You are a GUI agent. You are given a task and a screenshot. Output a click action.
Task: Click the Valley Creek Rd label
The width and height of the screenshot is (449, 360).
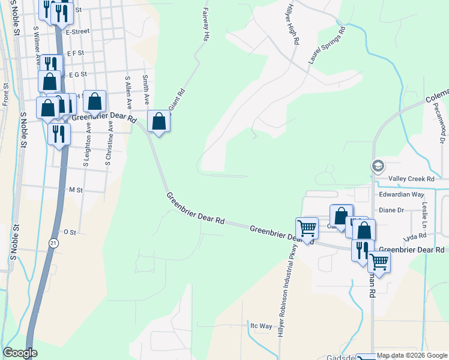pos(411,179)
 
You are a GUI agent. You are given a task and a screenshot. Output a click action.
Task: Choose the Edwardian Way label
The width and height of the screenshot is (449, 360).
pos(401,194)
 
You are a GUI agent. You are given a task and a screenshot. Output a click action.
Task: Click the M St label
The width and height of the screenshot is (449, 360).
pos(76,190)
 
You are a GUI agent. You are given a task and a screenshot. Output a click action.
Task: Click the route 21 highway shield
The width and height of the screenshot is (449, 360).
pos(53,242)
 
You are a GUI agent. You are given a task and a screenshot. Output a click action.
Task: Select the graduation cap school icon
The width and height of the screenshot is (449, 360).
pos(378,166)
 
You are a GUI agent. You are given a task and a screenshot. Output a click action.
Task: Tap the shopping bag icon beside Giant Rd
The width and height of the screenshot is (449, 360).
pos(158,121)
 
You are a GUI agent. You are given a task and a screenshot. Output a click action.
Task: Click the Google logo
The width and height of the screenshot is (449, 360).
pos(20,353)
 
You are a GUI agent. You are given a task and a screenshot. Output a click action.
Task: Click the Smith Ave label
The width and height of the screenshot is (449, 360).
pos(145,88)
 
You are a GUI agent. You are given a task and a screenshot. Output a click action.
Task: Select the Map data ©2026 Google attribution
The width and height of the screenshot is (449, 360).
pos(412,356)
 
